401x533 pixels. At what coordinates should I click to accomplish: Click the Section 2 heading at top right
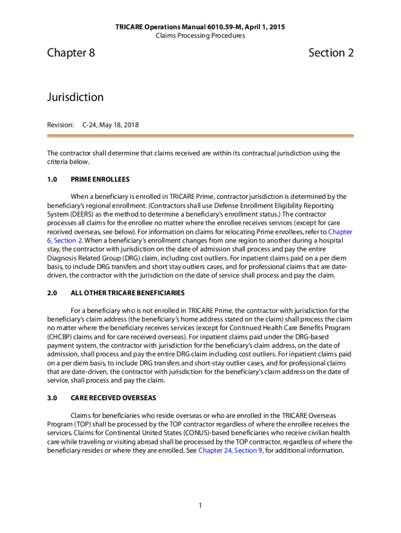(331, 53)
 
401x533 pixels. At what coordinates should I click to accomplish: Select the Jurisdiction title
(75, 97)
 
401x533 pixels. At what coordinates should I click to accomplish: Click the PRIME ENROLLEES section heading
(100, 179)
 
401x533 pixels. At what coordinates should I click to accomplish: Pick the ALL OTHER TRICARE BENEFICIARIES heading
(128, 293)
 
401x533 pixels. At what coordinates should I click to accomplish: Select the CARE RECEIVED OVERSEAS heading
(113, 398)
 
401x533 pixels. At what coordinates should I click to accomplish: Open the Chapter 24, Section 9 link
(230, 451)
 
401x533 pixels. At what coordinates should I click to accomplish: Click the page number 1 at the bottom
(200, 505)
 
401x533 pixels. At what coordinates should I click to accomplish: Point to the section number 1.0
(52, 179)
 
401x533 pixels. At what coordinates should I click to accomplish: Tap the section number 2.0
(52, 293)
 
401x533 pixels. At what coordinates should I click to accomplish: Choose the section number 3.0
(52, 398)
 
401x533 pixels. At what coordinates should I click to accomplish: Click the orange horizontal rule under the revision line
(200, 136)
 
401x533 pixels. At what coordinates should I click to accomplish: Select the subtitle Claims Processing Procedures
(200, 36)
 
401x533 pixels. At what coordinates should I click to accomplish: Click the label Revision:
(60, 125)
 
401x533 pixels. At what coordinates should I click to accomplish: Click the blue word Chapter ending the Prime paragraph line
(340, 232)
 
